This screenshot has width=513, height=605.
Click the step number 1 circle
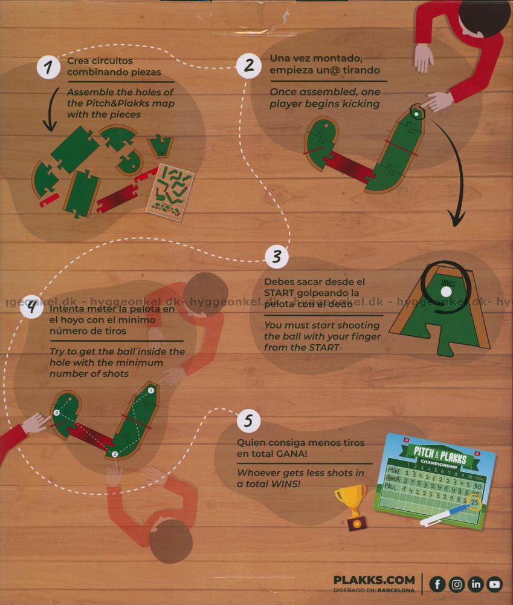[48, 67]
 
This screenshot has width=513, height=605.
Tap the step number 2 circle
[248, 65]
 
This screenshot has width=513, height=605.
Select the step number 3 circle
[277, 257]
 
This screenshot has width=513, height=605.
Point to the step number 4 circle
[32, 307]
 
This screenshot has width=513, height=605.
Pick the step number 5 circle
[248, 420]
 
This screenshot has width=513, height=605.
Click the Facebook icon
[437, 584]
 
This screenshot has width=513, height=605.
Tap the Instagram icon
[456, 584]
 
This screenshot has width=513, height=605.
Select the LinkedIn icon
[476, 584]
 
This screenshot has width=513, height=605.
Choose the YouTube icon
[494, 584]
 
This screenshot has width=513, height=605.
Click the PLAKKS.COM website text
[374, 580]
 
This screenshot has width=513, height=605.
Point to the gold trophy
[352, 507]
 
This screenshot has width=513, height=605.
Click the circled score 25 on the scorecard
[474, 502]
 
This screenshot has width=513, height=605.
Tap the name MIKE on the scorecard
[394, 471]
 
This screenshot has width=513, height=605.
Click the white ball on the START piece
[445, 292]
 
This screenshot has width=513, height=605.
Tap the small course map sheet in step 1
[170, 192]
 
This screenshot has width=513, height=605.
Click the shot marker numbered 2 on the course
[114, 454]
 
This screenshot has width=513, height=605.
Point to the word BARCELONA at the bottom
[396, 590]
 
